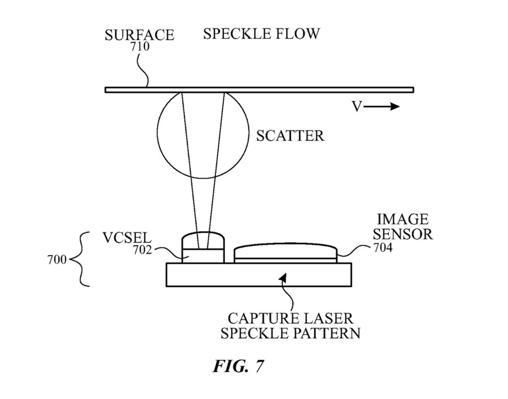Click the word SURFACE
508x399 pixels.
[139, 35]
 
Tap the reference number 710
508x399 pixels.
[140, 48]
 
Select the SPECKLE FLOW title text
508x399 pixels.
[261, 34]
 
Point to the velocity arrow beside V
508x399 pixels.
[386, 107]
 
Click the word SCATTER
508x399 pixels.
[290, 135]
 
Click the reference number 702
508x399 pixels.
[142, 250]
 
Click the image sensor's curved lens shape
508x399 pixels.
[286, 250]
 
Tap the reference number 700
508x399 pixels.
[58, 260]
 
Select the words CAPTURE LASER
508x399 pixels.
[290, 318]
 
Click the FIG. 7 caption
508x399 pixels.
[238, 366]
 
